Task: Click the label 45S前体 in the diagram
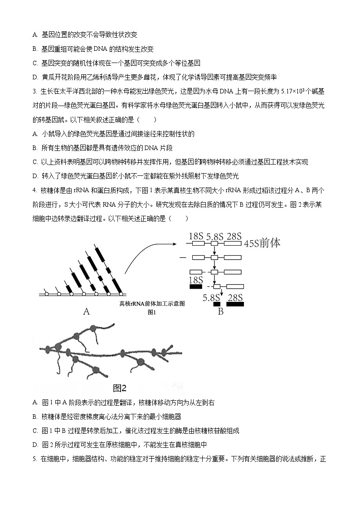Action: point(262,243)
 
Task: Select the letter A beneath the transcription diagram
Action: point(86,312)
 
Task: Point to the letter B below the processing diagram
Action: point(221,312)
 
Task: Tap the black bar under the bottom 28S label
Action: point(235,304)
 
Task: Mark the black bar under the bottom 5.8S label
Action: point(216,304)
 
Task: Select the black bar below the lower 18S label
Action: point(195,286)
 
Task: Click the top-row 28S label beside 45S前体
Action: point(234,236)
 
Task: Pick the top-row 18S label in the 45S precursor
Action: point(195,236)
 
